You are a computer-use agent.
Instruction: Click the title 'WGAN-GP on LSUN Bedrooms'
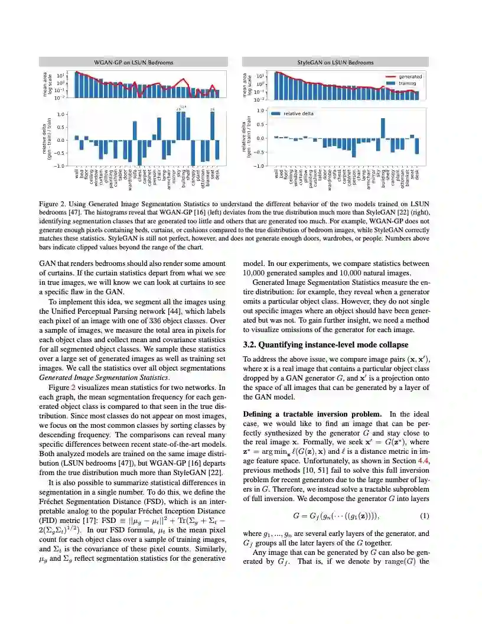[x=134, y=61]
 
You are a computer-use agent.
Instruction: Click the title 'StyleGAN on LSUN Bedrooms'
[x=336, y=61]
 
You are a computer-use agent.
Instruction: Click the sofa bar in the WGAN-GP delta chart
[x=135, y=131]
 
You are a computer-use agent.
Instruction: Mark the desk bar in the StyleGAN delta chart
[x=417, y=146]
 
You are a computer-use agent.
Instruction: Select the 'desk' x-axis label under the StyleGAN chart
[x=417, y=174]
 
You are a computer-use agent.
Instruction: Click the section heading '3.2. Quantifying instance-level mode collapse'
[x=325, y=344]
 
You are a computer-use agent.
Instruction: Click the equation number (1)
[x=424, y=516]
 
